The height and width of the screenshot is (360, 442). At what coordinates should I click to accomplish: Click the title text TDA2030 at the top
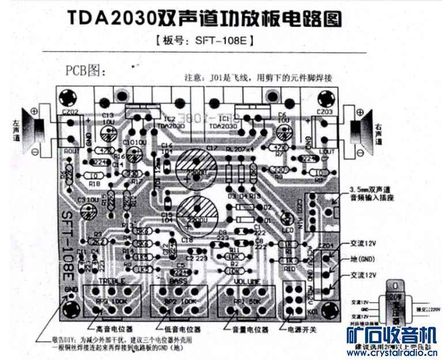[109, 17]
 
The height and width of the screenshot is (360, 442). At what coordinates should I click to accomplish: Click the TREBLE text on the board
[112, 281]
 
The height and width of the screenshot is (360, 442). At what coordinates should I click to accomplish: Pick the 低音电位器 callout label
[182, 331]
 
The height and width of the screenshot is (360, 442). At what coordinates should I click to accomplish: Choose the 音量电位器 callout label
[250, 331]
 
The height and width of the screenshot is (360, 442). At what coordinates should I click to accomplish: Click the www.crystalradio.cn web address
[391, 353]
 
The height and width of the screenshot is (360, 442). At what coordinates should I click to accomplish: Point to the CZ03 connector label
[324, 112]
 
